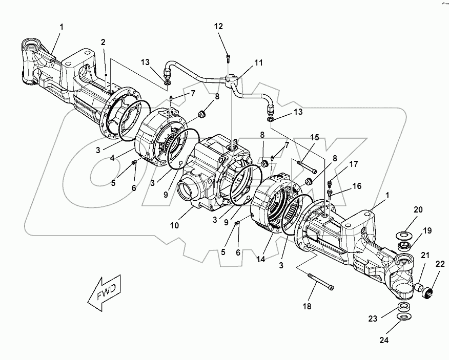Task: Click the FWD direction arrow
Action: [105, 294]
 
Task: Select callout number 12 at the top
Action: [219, 26]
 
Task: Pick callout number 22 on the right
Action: [440, 264]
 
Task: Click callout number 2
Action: [103, 42]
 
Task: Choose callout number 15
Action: [314, 138]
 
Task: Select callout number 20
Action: [418, 209]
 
